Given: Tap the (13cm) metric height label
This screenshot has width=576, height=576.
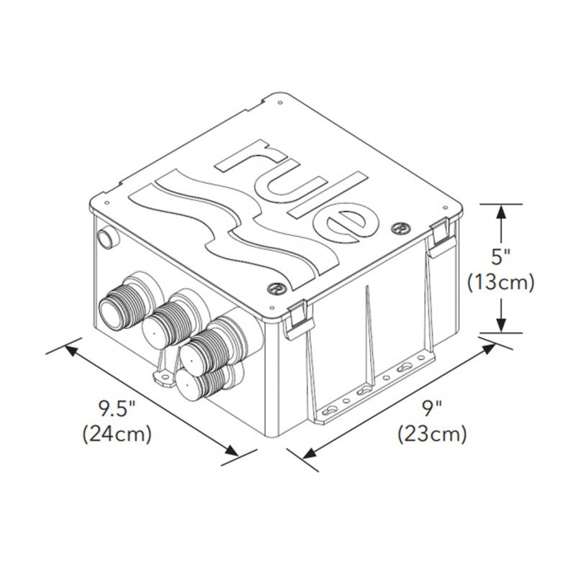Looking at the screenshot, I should point(500,282).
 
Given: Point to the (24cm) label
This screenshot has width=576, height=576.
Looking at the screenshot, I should point(117,435).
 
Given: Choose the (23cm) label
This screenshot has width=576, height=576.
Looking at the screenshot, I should point(431,434).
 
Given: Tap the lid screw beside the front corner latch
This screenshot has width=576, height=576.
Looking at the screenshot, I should point(275,286).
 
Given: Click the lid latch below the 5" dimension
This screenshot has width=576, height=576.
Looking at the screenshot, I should point(441,238).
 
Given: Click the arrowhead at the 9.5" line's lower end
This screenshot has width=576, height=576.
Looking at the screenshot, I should point(232,451).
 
